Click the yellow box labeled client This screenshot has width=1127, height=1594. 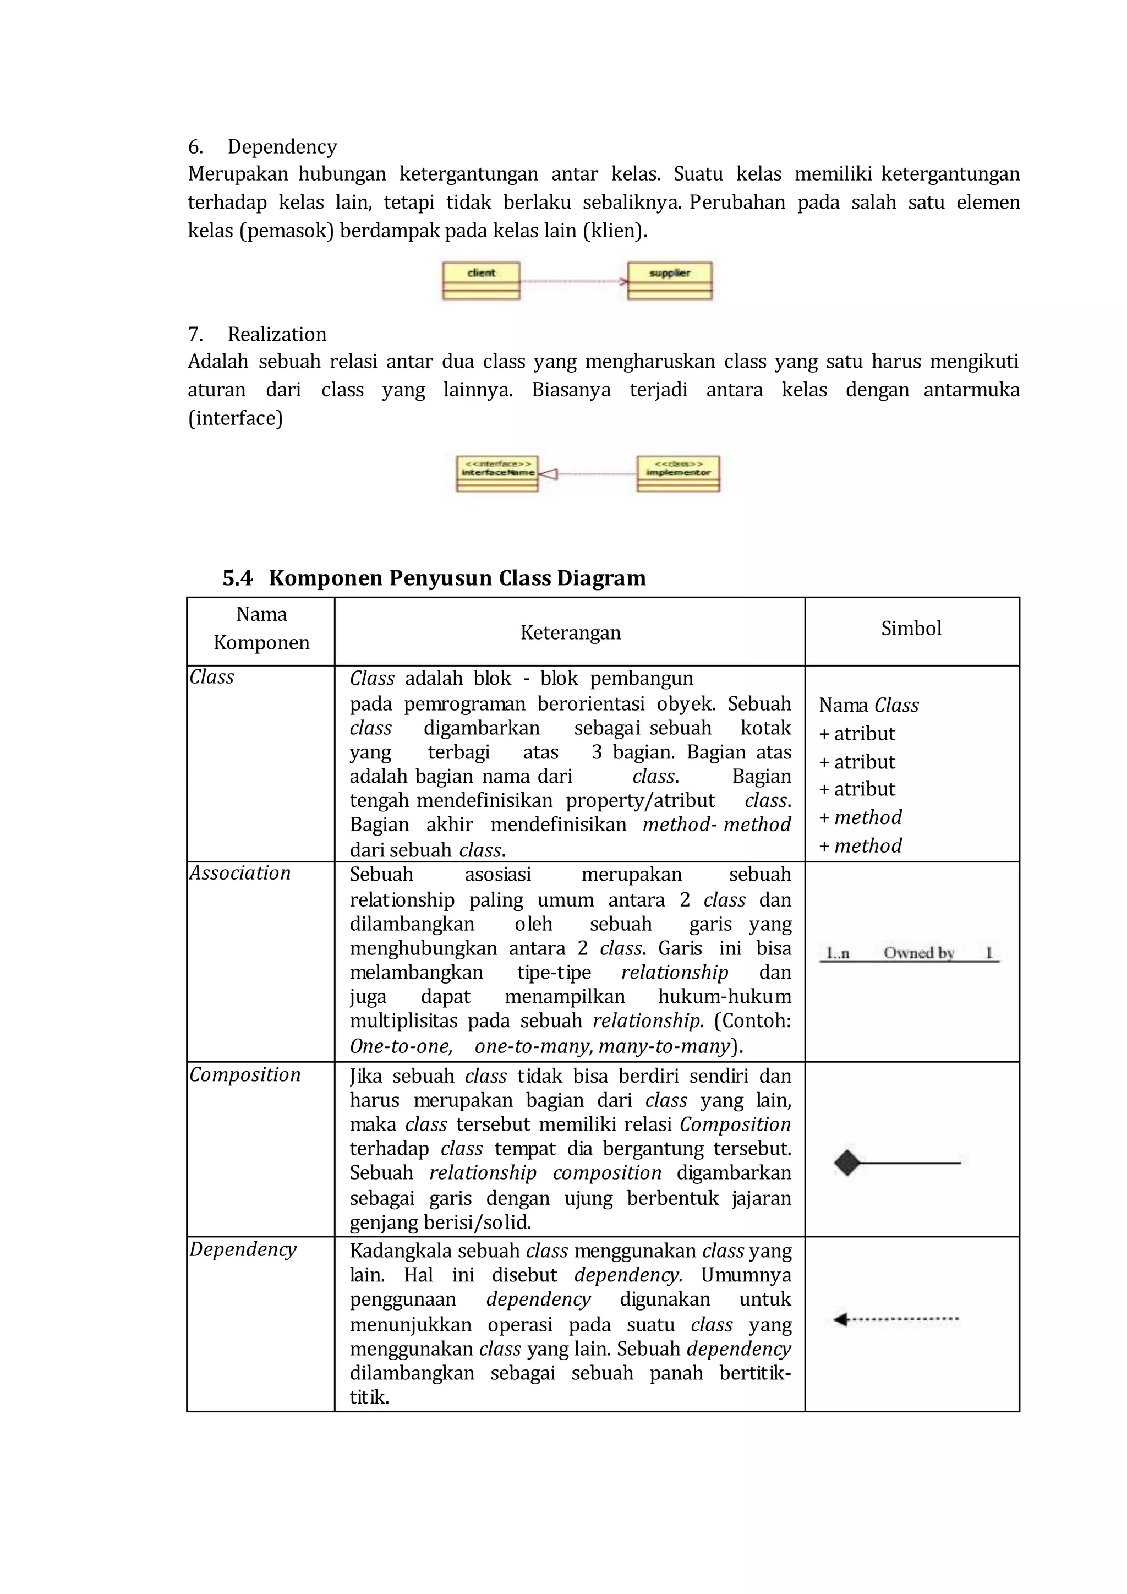pos(481,281)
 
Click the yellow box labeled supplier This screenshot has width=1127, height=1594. pos(670,281)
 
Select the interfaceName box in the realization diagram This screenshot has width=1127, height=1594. pos(497,473)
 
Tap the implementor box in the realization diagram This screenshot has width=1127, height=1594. pos(678,473)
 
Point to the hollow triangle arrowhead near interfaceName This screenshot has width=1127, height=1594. pos(548,473)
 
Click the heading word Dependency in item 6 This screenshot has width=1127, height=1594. pos(282,146)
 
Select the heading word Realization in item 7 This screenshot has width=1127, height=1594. pos(277,334)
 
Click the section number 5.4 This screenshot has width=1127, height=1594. pos(237,577)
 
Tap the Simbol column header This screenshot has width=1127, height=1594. pos(911,628)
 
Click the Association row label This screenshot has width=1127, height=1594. pos(240,872)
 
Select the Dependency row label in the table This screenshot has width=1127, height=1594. pos(243,1249)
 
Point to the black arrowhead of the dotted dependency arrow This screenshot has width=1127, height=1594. pos(840,1319)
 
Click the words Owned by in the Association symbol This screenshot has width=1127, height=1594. pos(918,953)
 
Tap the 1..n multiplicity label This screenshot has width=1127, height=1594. pos(838,953)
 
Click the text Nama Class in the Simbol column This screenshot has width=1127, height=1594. pos(868,705)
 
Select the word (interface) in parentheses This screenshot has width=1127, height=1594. pos(236,418)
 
